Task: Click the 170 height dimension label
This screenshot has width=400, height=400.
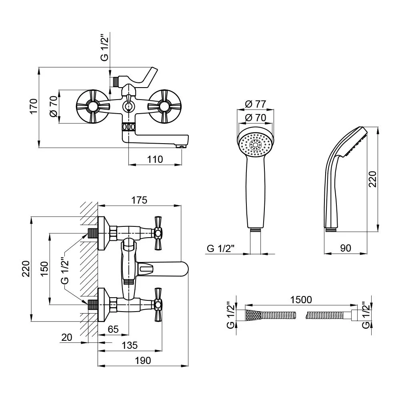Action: coord(34,106)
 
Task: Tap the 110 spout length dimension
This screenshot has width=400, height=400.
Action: coord(155,160)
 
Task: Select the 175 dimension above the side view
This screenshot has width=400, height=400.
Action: coord(139,200)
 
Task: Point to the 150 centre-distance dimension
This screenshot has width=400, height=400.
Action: coord(44,268)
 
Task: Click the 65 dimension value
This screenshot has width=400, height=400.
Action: coord(113,329)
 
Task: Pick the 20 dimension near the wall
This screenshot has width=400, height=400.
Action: coord(66,337)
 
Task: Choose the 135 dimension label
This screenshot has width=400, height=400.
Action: coord(130,345)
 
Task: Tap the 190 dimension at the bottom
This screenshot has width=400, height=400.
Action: coord(143,360)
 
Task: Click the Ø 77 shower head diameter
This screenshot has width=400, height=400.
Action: coord(255,104)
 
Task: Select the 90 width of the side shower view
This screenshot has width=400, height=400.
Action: coord(346,248)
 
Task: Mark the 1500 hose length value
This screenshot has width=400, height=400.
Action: coord(301,300)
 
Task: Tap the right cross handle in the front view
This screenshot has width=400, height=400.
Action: coord(165,106)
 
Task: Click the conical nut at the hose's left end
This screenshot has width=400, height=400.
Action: coord(253,315)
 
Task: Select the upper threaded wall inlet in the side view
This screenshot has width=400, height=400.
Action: coord(93,233)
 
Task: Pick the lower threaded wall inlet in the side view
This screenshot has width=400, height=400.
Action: coord(93,304)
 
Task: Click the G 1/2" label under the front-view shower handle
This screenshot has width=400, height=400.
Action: coord(220,248)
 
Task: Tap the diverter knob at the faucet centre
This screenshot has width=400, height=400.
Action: coord(128,103)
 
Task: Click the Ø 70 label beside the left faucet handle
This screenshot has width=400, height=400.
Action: coord(54,106)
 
